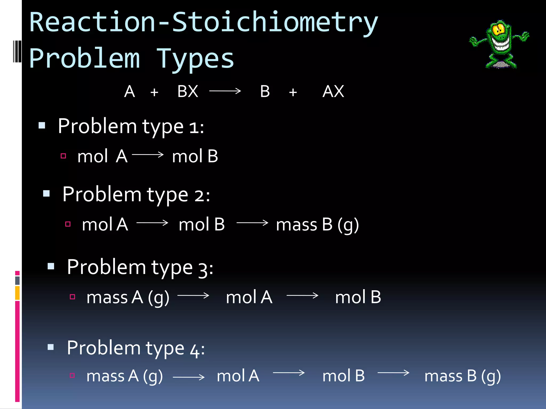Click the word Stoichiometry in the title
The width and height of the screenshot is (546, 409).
pyautogui.click(x=275, y=23)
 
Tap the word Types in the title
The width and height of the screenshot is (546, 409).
pyautogui.click(x=195, y=59)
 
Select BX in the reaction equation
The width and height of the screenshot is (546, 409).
pyautogui.click(x=188, y=91)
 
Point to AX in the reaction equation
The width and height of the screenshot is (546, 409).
pyautogui.click(x=333, y=91)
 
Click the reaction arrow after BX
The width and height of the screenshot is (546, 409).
pyautogui.click(x=225, y=91)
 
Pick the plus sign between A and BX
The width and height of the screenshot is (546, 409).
pyautogui.click(x=154, y=92)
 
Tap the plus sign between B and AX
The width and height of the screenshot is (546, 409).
pyautogui.click(x=293, y=92)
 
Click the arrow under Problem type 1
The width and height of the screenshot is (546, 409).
pyautogui.click(x=148, y=154)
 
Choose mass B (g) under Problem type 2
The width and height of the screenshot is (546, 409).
pyautogui.click(x=317, y=224)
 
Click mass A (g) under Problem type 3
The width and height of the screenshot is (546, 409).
pyautogui.click(x=128, y=297)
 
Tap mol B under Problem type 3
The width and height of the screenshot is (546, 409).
pyautogui.click(x=358, y=297)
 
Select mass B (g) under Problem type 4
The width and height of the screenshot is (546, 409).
pyautogui.click(x=463, y=376)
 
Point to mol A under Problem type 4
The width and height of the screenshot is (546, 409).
pyautogui.click(x=238, y=376)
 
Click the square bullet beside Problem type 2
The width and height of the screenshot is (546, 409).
pyautogui.click(x=46, y=193)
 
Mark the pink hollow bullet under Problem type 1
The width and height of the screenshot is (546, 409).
pyautogui.click(x=63, y=156)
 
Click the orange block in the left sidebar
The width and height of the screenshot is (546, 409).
pyautogui.click(x=17, y=293)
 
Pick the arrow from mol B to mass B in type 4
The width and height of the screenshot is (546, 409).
pyautogui.click(x=393, y=373)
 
